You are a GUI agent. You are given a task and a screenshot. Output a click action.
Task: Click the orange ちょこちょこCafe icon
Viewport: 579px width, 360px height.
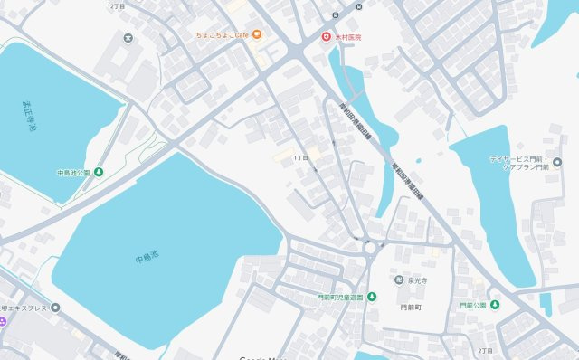pos(257,35)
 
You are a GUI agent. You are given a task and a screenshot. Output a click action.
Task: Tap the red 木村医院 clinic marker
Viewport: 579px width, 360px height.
pos(327,36)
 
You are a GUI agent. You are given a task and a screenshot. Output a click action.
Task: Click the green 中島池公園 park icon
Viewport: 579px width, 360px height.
pos(99,172)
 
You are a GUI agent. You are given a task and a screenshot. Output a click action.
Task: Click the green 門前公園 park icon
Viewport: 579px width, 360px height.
pos(495,305)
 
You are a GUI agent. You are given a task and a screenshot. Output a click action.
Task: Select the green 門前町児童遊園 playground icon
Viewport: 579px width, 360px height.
pos(371,297)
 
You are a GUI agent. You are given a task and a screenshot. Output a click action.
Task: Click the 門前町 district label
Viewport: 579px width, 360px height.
pos(400,307)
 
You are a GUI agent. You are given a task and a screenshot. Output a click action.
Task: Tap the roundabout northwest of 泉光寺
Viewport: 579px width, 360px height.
pos(370,246)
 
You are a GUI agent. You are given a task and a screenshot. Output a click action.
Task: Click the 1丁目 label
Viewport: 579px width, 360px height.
pos(300,157)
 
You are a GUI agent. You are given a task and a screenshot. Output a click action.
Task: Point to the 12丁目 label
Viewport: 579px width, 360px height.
pos(115,5)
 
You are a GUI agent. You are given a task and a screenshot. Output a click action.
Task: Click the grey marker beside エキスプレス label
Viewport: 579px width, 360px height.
pos(55,308)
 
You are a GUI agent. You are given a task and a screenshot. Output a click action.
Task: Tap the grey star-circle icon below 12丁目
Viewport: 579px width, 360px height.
pos(128,38)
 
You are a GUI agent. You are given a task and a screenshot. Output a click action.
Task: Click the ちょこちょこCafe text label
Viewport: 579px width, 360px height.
pos(223,35)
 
